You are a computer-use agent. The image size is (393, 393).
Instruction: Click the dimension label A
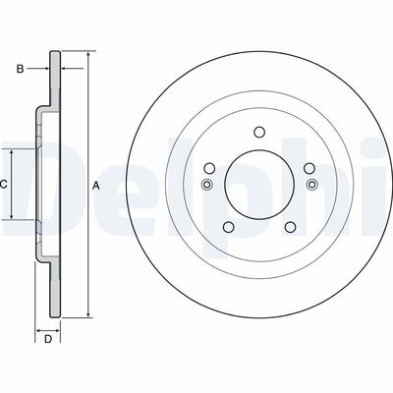[x=95, y=184]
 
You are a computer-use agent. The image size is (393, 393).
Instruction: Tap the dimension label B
[x=19, y=69]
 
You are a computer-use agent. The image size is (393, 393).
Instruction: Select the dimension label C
[x=4, y=184]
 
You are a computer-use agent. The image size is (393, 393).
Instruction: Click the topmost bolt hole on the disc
[x=258, y=132]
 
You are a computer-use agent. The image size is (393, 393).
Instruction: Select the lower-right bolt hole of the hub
[x=290, y=228]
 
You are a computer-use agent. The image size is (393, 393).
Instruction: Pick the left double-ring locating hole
[x=206, y=185]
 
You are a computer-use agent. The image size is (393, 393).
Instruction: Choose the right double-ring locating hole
[x=311, y=185]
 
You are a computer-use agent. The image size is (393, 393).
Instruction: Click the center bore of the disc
[x=258, y=185]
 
